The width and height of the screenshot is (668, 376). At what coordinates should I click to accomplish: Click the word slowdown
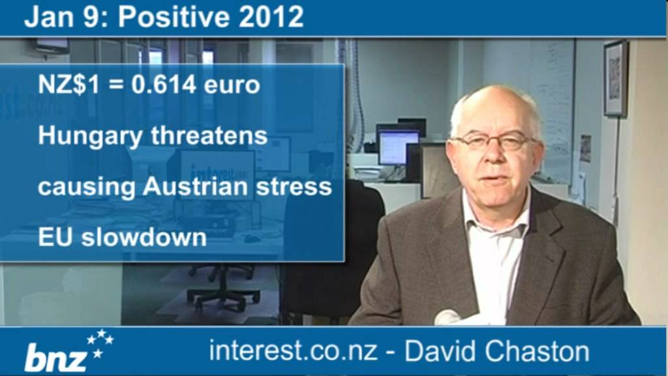(144, 237)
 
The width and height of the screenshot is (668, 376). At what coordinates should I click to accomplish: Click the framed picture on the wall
(615, 78)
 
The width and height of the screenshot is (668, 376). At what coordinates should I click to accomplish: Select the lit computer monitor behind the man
(399, 146)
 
